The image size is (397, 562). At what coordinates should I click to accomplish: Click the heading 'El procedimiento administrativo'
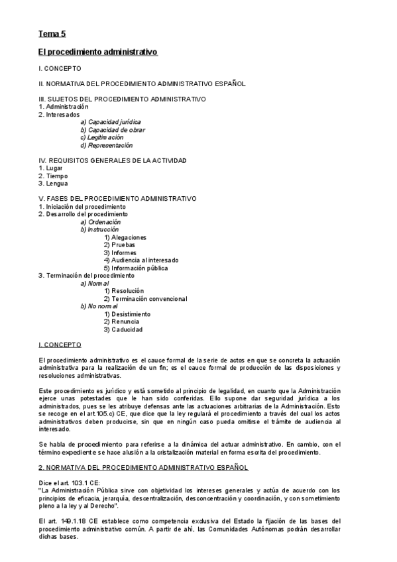point(97,51)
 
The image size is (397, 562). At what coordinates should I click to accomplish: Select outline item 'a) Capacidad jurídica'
point(110,122)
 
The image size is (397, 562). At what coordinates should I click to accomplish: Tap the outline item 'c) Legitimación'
point(101,137)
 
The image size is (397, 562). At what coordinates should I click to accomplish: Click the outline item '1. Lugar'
point(50,168)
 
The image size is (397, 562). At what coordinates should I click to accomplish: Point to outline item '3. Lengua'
point(54,184)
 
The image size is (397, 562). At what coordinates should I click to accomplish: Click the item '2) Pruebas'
point(119,245)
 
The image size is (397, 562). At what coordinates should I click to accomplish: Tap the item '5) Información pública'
point(135,268)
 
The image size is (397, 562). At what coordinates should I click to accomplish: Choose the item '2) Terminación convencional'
point(145,298)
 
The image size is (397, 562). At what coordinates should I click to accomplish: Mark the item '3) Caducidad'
point(123,329)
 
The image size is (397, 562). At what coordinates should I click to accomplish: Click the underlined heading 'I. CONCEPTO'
point(60,345)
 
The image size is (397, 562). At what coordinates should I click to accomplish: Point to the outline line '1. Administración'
point(64,107)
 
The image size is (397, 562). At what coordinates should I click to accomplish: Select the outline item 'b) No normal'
point(98,306)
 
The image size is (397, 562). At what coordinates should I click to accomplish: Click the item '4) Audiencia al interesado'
point(141,260)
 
